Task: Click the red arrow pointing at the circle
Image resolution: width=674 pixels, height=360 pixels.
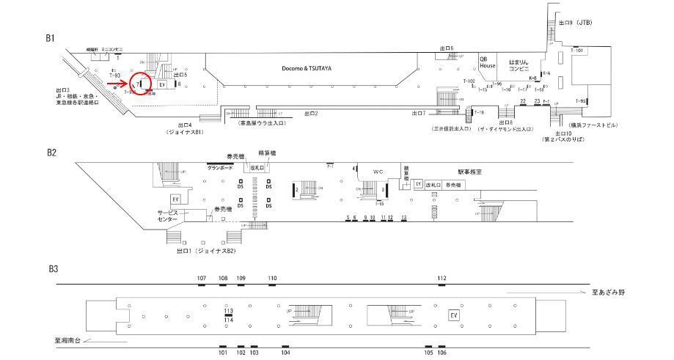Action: click(x=116, y=84)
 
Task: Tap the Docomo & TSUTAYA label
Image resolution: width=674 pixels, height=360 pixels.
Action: click(x=307, y=68)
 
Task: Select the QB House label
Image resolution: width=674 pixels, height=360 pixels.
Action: click(x=488, y=62)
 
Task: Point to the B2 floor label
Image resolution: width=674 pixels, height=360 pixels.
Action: click(x=51, y=153)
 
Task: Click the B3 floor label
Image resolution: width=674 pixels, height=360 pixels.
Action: click(x=51, y=268)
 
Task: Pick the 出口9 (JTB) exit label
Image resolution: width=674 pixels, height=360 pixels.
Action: click(x=575, y=23)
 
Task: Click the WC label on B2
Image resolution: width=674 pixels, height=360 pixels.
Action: click(x=378, y=172)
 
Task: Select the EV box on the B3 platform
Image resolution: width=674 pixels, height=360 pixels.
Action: click(x=455, y=315)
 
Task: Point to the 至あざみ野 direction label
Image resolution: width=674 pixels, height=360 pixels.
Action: click(x=609, y=293)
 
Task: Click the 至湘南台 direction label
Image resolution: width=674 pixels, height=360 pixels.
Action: click(x=70, y=339)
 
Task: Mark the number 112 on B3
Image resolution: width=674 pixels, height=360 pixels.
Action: click(x=442, y=279)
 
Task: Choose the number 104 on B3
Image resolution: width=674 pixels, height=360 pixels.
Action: click(x=285, y=353)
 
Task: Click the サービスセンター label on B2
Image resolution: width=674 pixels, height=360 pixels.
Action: click(x=167, y=216)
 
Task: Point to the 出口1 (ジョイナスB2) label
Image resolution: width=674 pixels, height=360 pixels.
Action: click(x=206, y=251)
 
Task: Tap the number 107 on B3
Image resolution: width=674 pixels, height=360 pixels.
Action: click(x=202, y=279)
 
